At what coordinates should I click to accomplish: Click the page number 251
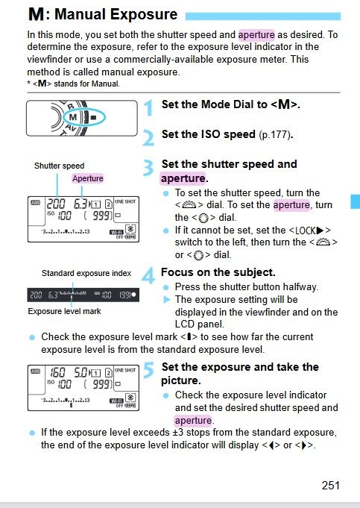(x=331, y=485)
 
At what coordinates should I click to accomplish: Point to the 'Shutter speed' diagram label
(x=59, y=166)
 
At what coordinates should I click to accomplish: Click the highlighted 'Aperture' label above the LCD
(x=88, y=178)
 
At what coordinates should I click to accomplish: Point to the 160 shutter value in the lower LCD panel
(x=56, y=371)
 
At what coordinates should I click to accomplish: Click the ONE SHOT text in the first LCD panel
(x=125, y=201)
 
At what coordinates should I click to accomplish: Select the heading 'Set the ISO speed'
(x=208, y=135)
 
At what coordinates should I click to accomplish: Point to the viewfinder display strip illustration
(x=83, y=295)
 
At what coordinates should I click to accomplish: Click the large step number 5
(x=148, y=371)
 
